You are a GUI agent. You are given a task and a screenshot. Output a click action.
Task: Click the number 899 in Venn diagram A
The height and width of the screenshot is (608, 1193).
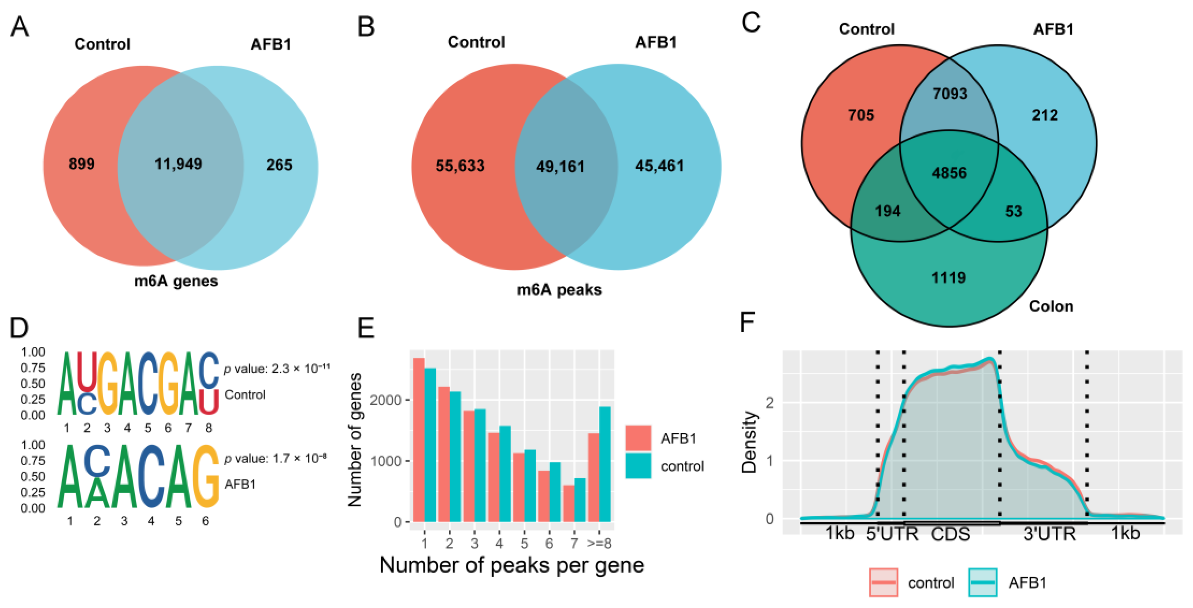[x=82, y=164]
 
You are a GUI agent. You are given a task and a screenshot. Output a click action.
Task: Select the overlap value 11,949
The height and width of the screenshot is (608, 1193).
[x=178, y=164]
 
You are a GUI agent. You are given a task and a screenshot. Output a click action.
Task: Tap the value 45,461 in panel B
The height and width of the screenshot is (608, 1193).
[x=659, y=166]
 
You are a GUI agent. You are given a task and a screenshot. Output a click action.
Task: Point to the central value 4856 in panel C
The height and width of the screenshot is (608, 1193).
[x=949, y=173]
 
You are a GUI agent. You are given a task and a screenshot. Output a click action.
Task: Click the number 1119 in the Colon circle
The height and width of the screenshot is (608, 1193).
[x=949, y=278]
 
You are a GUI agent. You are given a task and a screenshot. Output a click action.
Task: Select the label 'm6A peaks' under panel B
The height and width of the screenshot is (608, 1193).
[x=559, y=290]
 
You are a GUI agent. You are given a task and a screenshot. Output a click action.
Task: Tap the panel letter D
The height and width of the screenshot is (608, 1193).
[x=19, y=328]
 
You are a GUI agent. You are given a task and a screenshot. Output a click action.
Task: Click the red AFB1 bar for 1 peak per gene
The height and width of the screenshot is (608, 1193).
[x=419, y=440]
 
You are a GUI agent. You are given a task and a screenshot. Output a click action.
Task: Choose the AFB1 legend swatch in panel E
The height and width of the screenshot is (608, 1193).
[x=638, y=438]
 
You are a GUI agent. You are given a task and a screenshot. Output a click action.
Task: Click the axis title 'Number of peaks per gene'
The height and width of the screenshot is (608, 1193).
[x=512, y=565]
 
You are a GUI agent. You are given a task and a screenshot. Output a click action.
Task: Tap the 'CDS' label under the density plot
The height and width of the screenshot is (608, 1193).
[x=950, y=534]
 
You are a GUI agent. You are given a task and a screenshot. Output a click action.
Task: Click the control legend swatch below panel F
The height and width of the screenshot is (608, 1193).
[x=883, y=582]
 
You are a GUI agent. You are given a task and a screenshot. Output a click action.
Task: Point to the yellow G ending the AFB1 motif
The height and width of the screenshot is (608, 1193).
[x=206, y=477]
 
